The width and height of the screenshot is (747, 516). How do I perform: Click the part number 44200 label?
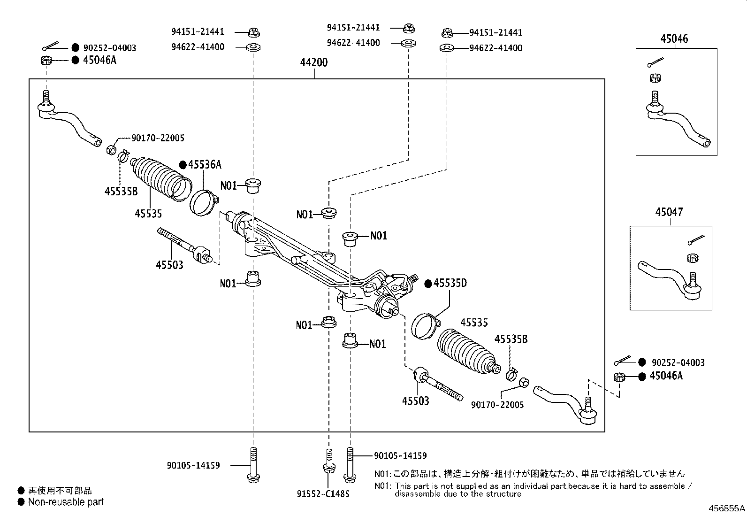click(314, 62)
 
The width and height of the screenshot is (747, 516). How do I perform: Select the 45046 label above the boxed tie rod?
click(674, 39)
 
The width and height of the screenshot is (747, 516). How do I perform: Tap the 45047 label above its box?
click(669, 212)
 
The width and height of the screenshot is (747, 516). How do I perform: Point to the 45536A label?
click(205, 164)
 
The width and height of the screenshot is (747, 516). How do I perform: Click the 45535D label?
click(450, 283)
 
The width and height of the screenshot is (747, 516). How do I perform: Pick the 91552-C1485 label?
click(323, 494)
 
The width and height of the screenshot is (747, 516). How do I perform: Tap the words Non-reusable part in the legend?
click(66, 502)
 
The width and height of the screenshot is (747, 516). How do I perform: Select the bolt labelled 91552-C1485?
click(329, 461)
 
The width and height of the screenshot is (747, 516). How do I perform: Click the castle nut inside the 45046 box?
click(656, 78)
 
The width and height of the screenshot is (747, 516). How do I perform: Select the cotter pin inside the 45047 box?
click(696, 239)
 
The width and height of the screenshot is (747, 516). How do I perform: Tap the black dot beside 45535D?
click(428, 284)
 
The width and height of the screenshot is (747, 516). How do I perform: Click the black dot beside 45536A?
click(183, 165)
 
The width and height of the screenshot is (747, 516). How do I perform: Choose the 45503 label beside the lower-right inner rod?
click(416, 401)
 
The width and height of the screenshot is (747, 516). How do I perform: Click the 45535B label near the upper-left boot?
click(121, 191)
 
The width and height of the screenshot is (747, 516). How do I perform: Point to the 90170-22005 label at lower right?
click(497, 405)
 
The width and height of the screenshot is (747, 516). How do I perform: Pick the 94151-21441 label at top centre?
click(353, 27)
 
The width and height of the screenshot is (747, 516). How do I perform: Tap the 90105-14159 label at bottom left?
click(193, 466)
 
